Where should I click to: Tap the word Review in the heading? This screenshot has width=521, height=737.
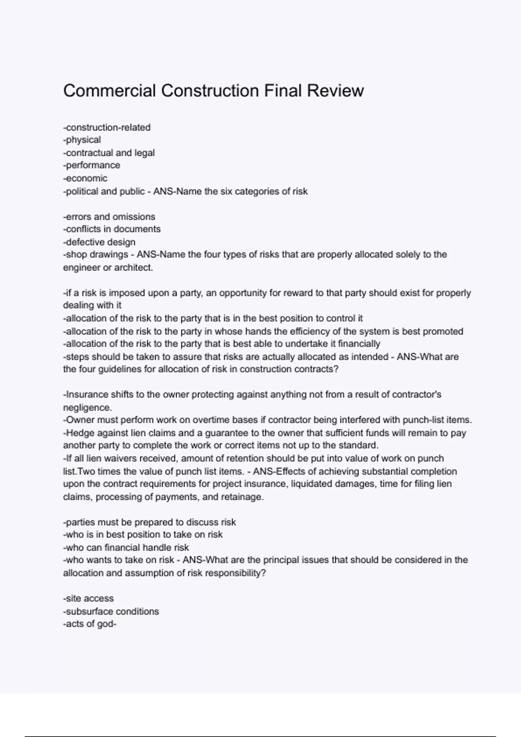336,91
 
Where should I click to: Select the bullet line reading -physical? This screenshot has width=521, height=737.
82,140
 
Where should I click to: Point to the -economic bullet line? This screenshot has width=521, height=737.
85,178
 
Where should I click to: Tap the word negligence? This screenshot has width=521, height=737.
87,408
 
